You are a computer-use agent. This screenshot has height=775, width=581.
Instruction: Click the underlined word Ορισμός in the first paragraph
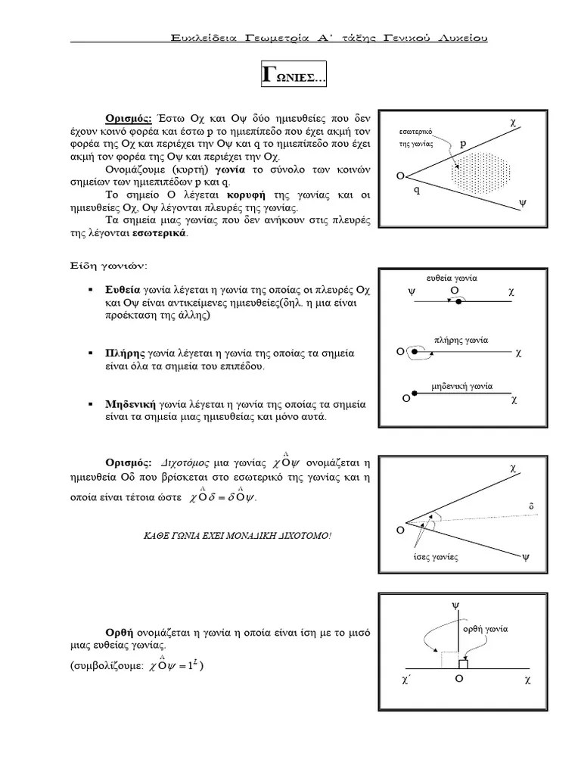click(129, 119)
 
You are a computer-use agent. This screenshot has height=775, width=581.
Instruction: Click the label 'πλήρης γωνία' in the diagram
click(461, 340)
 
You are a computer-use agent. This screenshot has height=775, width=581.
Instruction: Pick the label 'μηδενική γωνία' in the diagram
click(461, 385)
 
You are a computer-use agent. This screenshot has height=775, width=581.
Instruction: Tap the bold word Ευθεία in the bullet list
click(121, 291)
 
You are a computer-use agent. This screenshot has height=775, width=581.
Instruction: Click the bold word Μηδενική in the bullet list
click(129, 405)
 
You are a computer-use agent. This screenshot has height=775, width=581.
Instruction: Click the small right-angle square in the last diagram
click(462, 664)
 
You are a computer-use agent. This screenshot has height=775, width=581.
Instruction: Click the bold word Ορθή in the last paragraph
click(120, 632)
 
